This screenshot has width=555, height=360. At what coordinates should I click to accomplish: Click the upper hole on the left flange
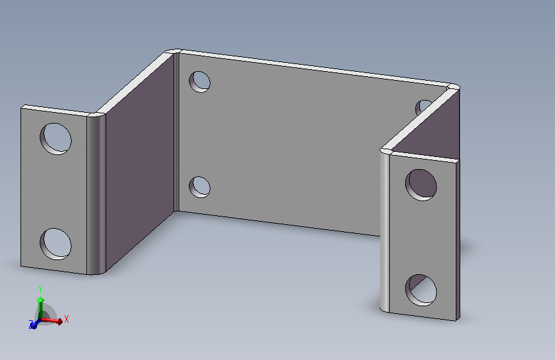(56, 138)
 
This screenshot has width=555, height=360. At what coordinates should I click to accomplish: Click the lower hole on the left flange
(56, 244)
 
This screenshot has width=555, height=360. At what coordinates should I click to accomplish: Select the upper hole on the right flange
(421, 185)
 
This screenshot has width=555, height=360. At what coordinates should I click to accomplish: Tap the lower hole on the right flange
(421, 290)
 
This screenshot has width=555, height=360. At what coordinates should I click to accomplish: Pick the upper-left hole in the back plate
(200, 82)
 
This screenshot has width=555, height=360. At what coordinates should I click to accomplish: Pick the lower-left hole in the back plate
(200, 187)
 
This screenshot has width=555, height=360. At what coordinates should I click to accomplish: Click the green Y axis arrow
(41, 307)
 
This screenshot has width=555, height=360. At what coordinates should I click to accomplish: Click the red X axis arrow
(52, 321)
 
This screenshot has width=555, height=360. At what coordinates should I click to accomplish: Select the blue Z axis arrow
(34, 324)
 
